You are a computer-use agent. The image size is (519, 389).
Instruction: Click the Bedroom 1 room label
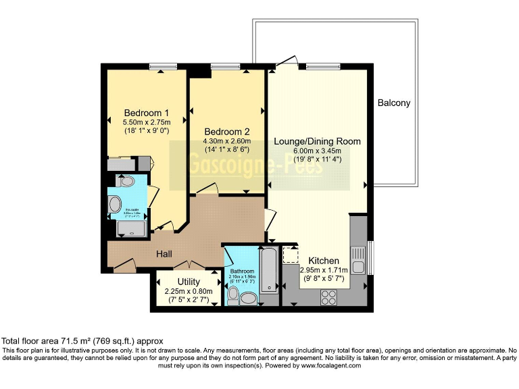click(x=146, y=112)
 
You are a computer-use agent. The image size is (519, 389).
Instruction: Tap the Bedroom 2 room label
click(x=227, y=131)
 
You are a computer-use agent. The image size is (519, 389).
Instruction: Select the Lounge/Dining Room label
click(x=317, y=141)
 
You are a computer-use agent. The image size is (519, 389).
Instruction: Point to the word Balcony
click(x=393, y=103)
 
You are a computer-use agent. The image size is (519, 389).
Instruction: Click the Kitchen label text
click(x=323, y=261)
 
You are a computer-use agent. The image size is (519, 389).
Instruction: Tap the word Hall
click(x=164, y=254)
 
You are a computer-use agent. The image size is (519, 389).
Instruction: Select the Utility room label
click(x=189, y=281)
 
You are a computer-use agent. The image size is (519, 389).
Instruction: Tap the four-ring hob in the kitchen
click(x=329, y=295)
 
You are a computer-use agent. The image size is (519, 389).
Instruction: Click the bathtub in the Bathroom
click(x=268, y=271)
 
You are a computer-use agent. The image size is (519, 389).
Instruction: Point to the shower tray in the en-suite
click(x=131, y=229)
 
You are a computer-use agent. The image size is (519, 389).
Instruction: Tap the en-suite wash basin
click(x=115, y=204)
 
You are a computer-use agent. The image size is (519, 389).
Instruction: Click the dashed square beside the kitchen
click(x=291, y=256)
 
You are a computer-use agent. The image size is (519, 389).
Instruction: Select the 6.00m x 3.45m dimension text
click(x=317, y=151)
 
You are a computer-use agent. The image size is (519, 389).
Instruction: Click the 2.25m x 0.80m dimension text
click(x=189, y=291)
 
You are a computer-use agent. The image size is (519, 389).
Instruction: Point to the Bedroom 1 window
click(x=159, y=66)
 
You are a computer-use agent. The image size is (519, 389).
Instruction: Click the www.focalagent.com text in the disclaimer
click(x=329, y=365)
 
